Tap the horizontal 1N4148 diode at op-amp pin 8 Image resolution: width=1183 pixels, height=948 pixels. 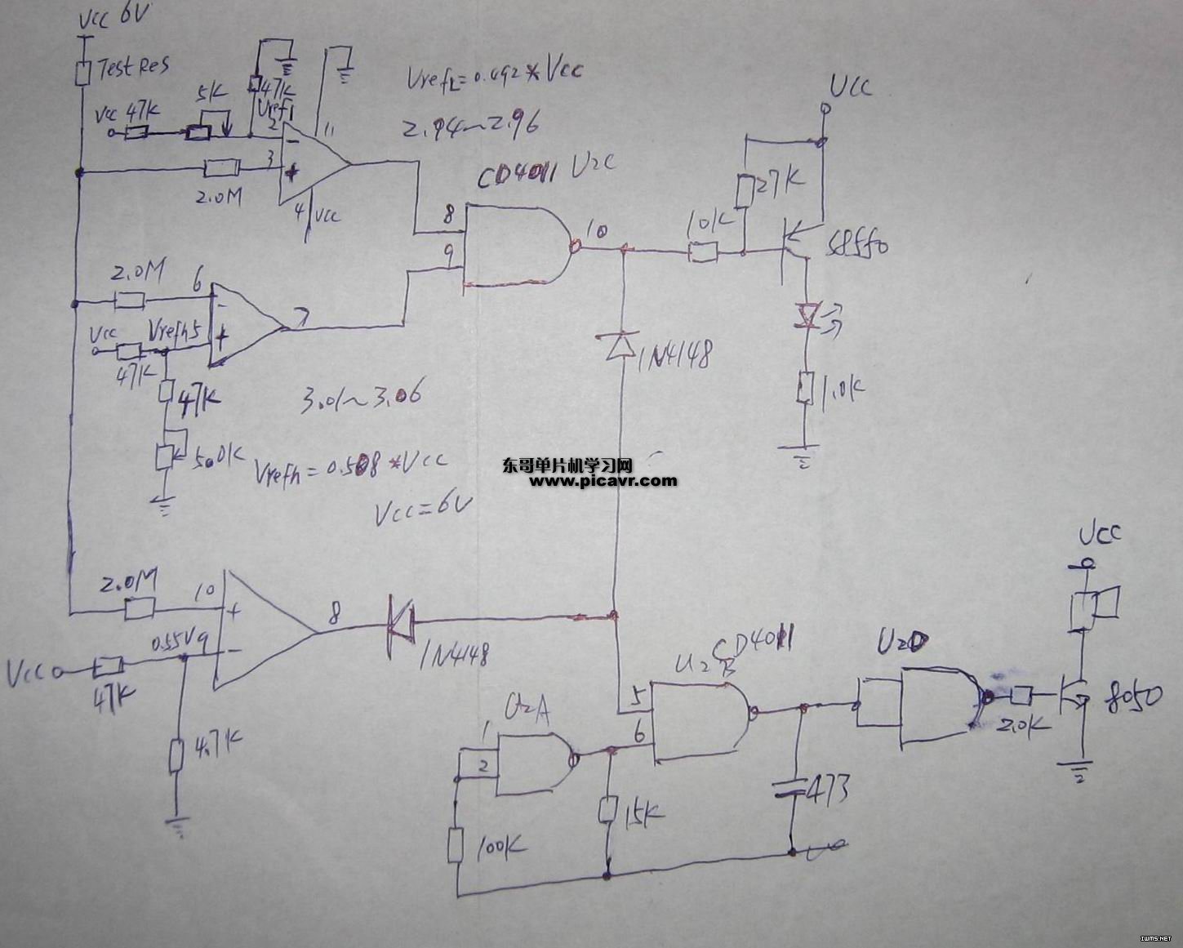pyautogui.click(x=401, y=621)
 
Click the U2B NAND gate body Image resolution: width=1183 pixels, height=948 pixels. pyautogui.click(x=700, y=719)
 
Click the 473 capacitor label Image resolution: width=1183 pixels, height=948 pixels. pyautogui.click(x=827, y=788)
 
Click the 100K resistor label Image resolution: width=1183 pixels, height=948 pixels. pyautogui.click(x=500, y=846)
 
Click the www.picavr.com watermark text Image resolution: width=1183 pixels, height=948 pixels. pyautogui.click(x=603, y=481)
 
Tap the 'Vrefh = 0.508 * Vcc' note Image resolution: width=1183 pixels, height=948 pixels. pyautogui.click(x=352, y=468)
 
